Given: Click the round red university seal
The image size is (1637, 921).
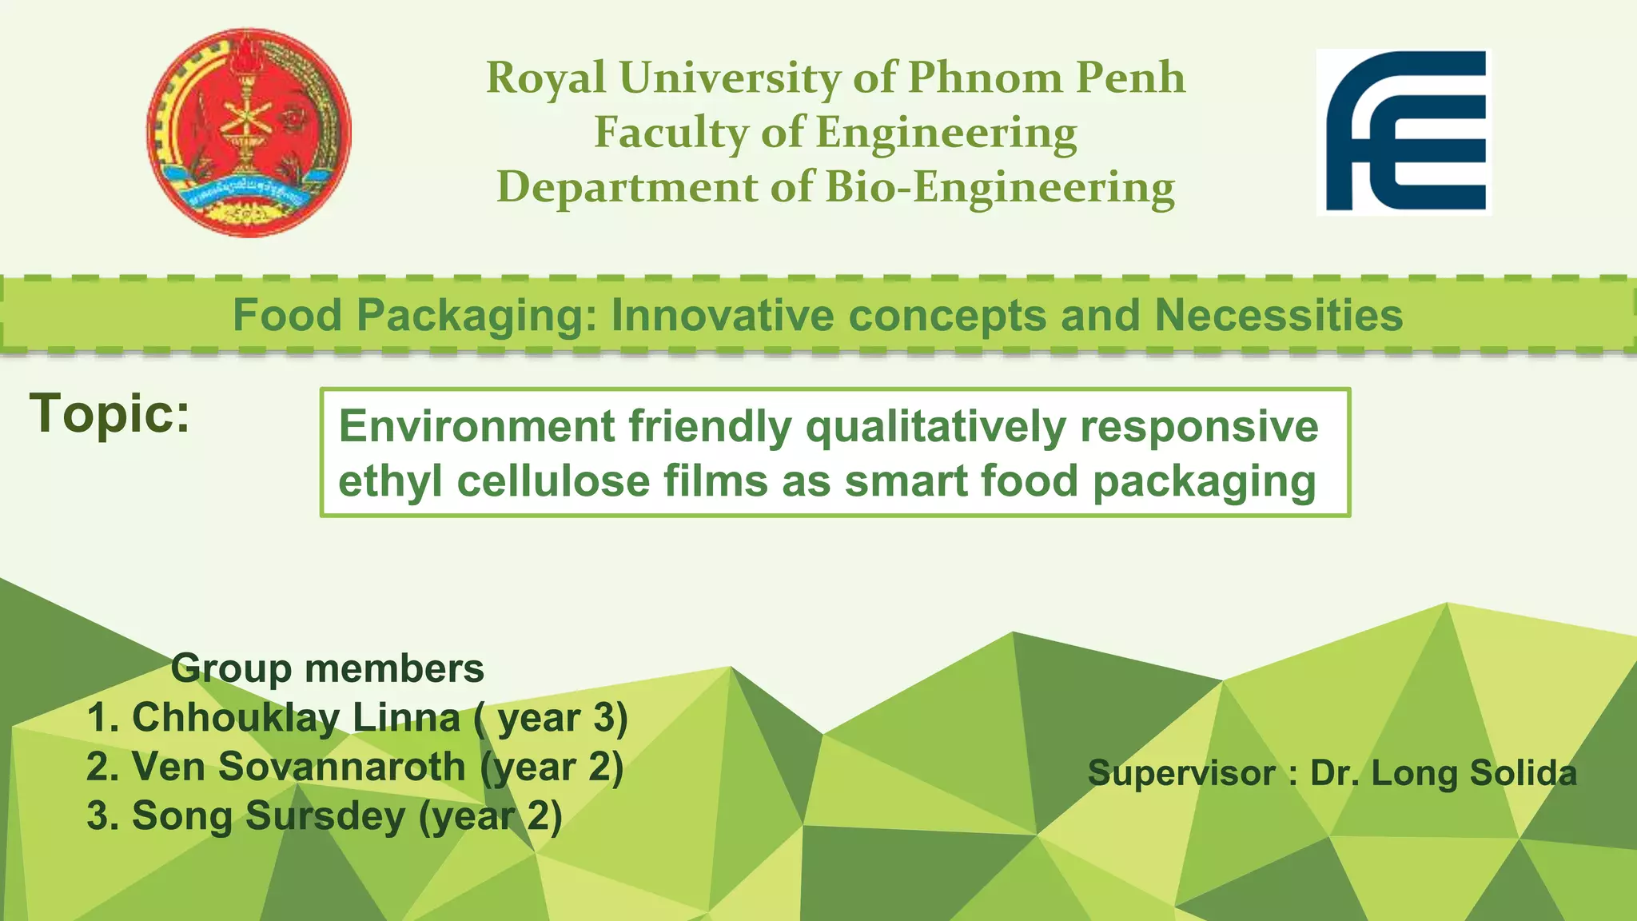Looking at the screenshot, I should click(x=249, y=133).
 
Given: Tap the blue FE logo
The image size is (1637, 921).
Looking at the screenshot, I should click(x=1404, y=132).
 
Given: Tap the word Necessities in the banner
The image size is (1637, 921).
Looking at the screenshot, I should click(x=1278, y=315).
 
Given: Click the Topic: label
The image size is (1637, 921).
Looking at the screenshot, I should click(x=110, y=413).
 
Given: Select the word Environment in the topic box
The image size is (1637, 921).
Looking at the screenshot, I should click(x=476, y=425).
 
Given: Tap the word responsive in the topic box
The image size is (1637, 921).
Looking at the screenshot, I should click(x=1199, y=425).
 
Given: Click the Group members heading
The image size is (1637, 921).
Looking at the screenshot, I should click(x=327, y=668).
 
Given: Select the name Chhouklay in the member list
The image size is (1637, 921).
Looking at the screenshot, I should click(x=235, y=717).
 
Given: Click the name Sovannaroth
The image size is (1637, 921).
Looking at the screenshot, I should click(x=341, y=767).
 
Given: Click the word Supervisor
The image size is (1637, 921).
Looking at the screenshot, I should click(x=1181, y=773).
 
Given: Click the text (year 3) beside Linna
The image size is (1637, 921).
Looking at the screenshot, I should click(x=552, y=717).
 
